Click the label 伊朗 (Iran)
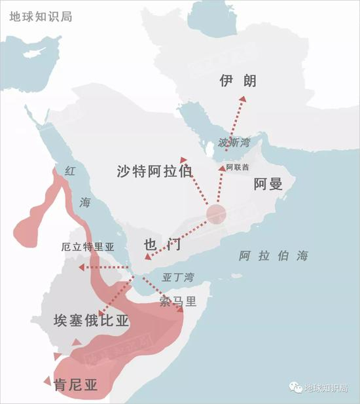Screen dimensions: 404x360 [238, 81]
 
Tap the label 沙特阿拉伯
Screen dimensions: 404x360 [154, 172]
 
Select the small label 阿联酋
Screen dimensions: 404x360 [237, 168]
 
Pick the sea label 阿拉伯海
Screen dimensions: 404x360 [273, 256]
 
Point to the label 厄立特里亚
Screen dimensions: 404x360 [86, 248]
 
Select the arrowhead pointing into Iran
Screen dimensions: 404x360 [243, 99]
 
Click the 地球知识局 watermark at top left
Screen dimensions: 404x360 [41, 15]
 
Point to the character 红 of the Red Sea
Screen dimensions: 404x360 [71, 171]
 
